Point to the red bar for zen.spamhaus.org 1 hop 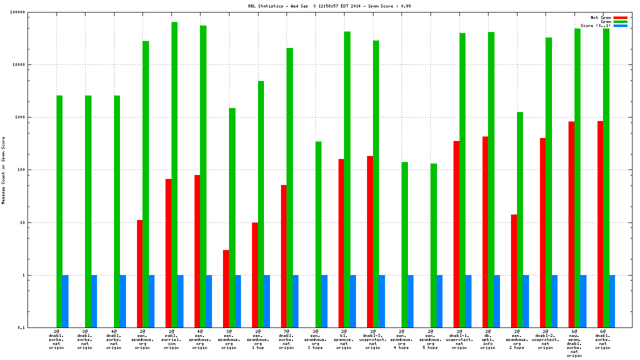pos(255,274)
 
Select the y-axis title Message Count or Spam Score pos(3,170)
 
